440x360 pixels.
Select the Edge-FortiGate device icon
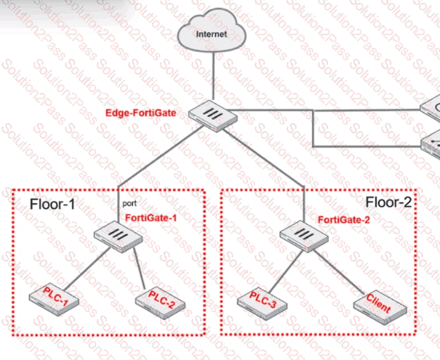pos(213,116)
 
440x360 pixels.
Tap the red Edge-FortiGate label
pos(141,113)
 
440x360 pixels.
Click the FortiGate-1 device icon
pos(118,237)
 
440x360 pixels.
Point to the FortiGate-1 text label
pos(151,218)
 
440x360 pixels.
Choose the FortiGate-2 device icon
pos(304,236)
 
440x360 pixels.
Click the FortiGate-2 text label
pos(344,219)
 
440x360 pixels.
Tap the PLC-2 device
pos(160,303)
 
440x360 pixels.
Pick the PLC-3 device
pos(262,304)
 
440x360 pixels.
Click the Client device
pos(380,308)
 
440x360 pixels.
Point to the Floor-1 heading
pos(53,204)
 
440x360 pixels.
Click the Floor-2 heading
pos(389,202)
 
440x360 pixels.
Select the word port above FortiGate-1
pos(129,203)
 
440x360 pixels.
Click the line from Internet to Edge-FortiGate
pos(213,76)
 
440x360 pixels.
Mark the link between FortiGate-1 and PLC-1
pos(87,269)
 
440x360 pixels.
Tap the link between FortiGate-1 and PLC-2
pos(139,268)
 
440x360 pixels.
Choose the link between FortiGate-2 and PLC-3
pos(286,271)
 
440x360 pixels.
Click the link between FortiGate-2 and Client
pos(339,272)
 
